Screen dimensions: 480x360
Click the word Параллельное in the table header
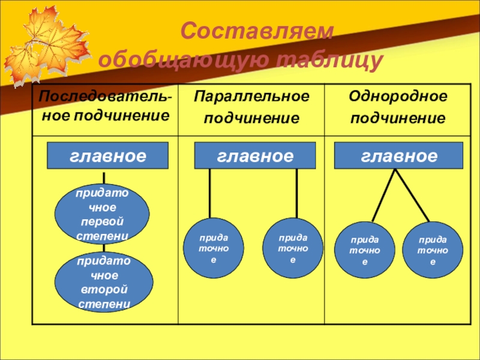tap(252, 97)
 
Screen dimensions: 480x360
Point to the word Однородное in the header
tap(398, 97)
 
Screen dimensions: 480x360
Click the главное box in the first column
tap(108, 157)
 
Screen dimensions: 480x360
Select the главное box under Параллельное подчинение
tap(255, 157)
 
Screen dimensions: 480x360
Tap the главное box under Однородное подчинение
tap(398, 157)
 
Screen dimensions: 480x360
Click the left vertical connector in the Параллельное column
tap(209, 193)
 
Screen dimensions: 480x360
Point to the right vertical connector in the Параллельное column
tap(297, 193)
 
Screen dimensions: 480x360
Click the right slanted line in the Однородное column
tap(412, 195)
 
